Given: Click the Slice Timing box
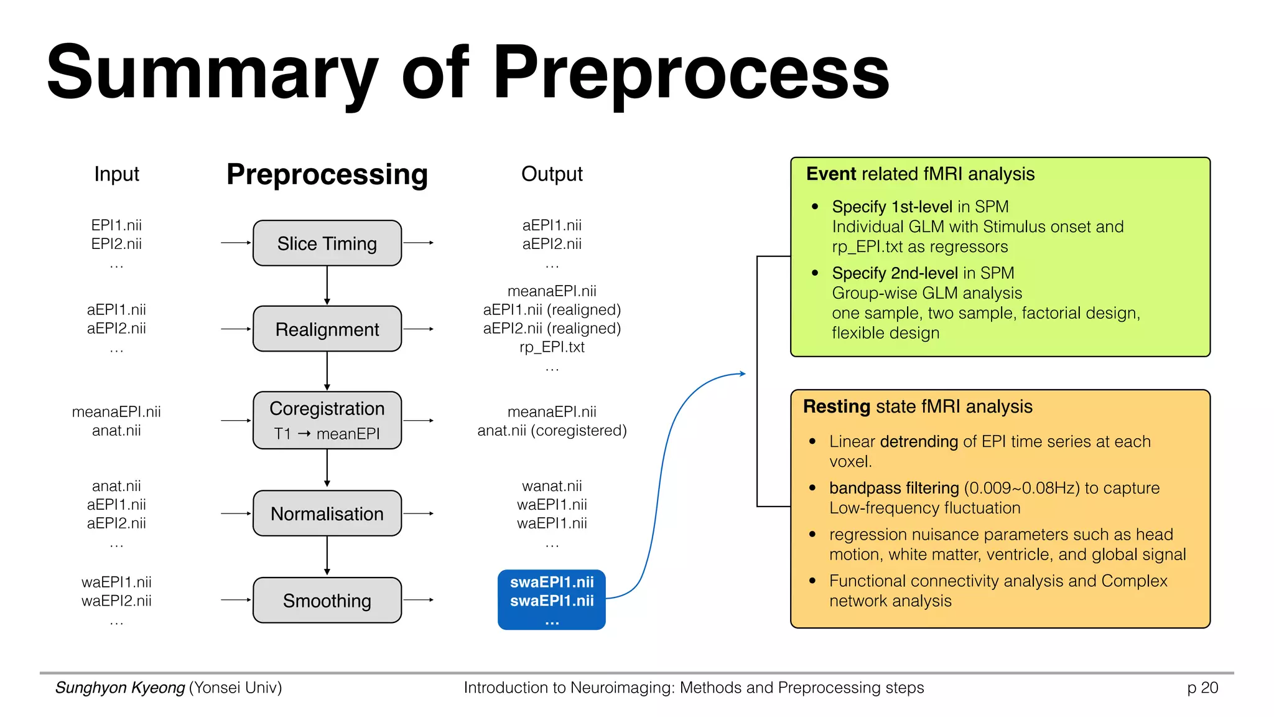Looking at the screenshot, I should pyautogui.click(x=327, y=243).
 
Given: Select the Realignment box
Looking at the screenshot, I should pyautogui.click(x=327, y=329).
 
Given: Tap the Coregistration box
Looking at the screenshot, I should pyautogui.click(x=327, y=420).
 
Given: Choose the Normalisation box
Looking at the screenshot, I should pyautogui.click(x=327, y=513).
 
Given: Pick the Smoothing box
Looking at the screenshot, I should pyautogui.click(x=327, y=601).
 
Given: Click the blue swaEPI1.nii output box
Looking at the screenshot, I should pyautogui.click(x=551, y=599).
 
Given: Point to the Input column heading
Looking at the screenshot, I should pyautogui.click(x=116, y=174).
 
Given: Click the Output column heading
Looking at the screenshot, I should pyautogui.click(x=551, y=174).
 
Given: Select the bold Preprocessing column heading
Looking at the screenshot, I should pyautogui.click(x=327, y=174).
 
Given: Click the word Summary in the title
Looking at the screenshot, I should pyautogui.click(x=212, y=73).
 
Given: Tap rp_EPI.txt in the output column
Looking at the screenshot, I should pyautogui.click(x=552, y=347).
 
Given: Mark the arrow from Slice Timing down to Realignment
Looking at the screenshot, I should pyautogui.click(x=327, y=286).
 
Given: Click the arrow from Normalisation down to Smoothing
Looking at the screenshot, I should pyautogui.click(x=327, y=556).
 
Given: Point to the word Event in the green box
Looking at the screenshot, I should pyautogui.click(x=831, y=174).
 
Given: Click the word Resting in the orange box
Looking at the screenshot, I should pyautogui.click(x=836, y=406).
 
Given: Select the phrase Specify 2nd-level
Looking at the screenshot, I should pyautogui.click(x=895, y=273).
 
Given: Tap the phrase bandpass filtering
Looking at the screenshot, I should pyautogui.click(x=893, y=488).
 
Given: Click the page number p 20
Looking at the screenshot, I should pyautogui.click(x=1202, y=688).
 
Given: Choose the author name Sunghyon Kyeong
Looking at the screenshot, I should pyautogui.click(x=120, y=688).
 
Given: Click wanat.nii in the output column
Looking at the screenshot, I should pyautogui.click(x=552, y=486).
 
